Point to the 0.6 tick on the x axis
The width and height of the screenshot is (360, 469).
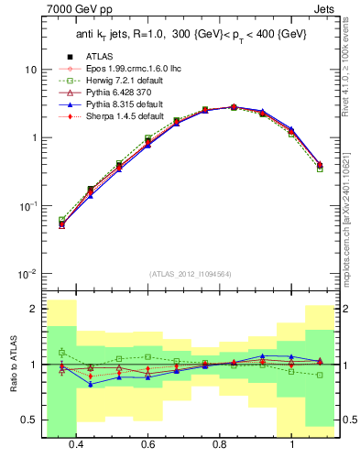pyautogui.click(x=147, y=445)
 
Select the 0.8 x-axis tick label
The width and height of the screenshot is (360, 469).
pyautogui.click(x=220, y=445)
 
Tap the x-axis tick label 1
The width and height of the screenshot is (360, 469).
pyautogui.click(x=291, y=445)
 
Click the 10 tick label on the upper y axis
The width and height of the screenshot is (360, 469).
pyautogui.click(x=30, y=70)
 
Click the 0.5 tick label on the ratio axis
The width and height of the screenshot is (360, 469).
pyautogui.click(x=29, y=420)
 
